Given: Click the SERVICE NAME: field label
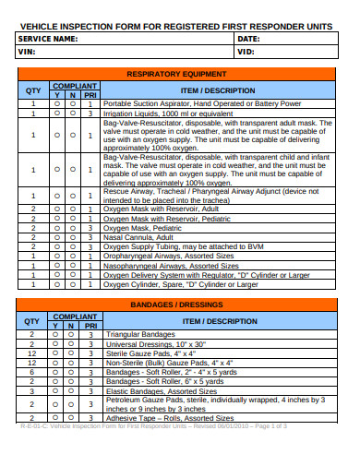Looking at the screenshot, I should point(47,40).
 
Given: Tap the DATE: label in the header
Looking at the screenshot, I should point(248,40).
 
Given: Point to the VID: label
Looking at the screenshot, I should point(246,52).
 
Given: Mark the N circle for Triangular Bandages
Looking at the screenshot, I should point(72,334).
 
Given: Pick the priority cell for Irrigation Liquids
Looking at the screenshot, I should point(90,114).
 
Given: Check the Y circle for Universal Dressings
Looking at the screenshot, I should point(56,343).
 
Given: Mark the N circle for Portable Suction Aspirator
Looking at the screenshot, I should point(72,104).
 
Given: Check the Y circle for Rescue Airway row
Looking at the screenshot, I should point(56,195).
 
